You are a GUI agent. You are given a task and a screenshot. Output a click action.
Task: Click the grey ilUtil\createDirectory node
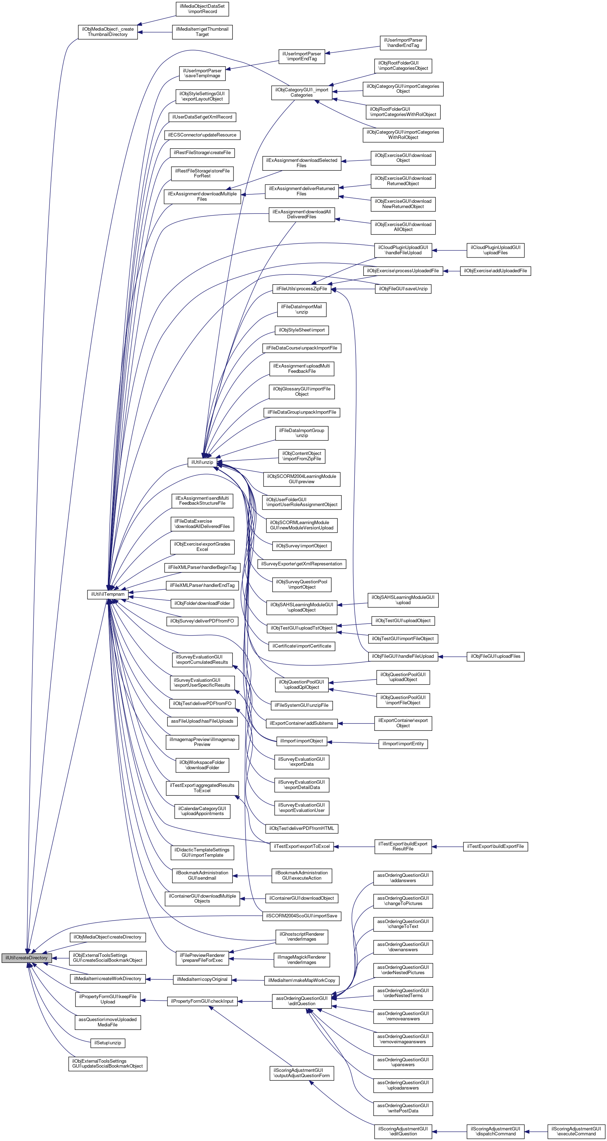[26, 958]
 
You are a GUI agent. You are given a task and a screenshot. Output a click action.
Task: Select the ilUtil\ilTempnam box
[108, 594]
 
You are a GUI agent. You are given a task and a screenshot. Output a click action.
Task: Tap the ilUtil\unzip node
[202, 462]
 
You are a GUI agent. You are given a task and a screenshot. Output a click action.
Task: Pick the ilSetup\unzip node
[108, 1043]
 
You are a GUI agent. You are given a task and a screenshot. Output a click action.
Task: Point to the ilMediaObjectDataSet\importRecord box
[202, 9]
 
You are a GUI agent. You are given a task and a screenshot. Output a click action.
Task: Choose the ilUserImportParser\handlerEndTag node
[403, 43]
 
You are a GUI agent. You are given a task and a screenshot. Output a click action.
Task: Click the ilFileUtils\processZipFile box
[301, 289]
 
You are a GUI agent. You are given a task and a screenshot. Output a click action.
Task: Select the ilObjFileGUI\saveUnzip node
[403, 289]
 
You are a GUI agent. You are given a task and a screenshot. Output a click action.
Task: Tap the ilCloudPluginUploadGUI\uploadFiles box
[495, 250]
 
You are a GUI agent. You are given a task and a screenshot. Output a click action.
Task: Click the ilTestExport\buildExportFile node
[495, 846]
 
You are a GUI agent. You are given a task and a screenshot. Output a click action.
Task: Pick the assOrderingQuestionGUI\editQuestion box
[301, 1001]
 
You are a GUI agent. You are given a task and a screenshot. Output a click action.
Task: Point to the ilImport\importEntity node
[403, 744]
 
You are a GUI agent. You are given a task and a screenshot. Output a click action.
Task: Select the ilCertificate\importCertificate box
[301, 646]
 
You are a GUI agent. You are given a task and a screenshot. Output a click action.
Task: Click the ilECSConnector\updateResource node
[202, 135]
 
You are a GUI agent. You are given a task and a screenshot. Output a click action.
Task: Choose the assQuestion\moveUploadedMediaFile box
[108, 1022]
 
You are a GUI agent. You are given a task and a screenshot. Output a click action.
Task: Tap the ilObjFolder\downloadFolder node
[202, 603]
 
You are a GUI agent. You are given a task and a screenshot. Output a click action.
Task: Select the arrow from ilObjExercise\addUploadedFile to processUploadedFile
[451, 271]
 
